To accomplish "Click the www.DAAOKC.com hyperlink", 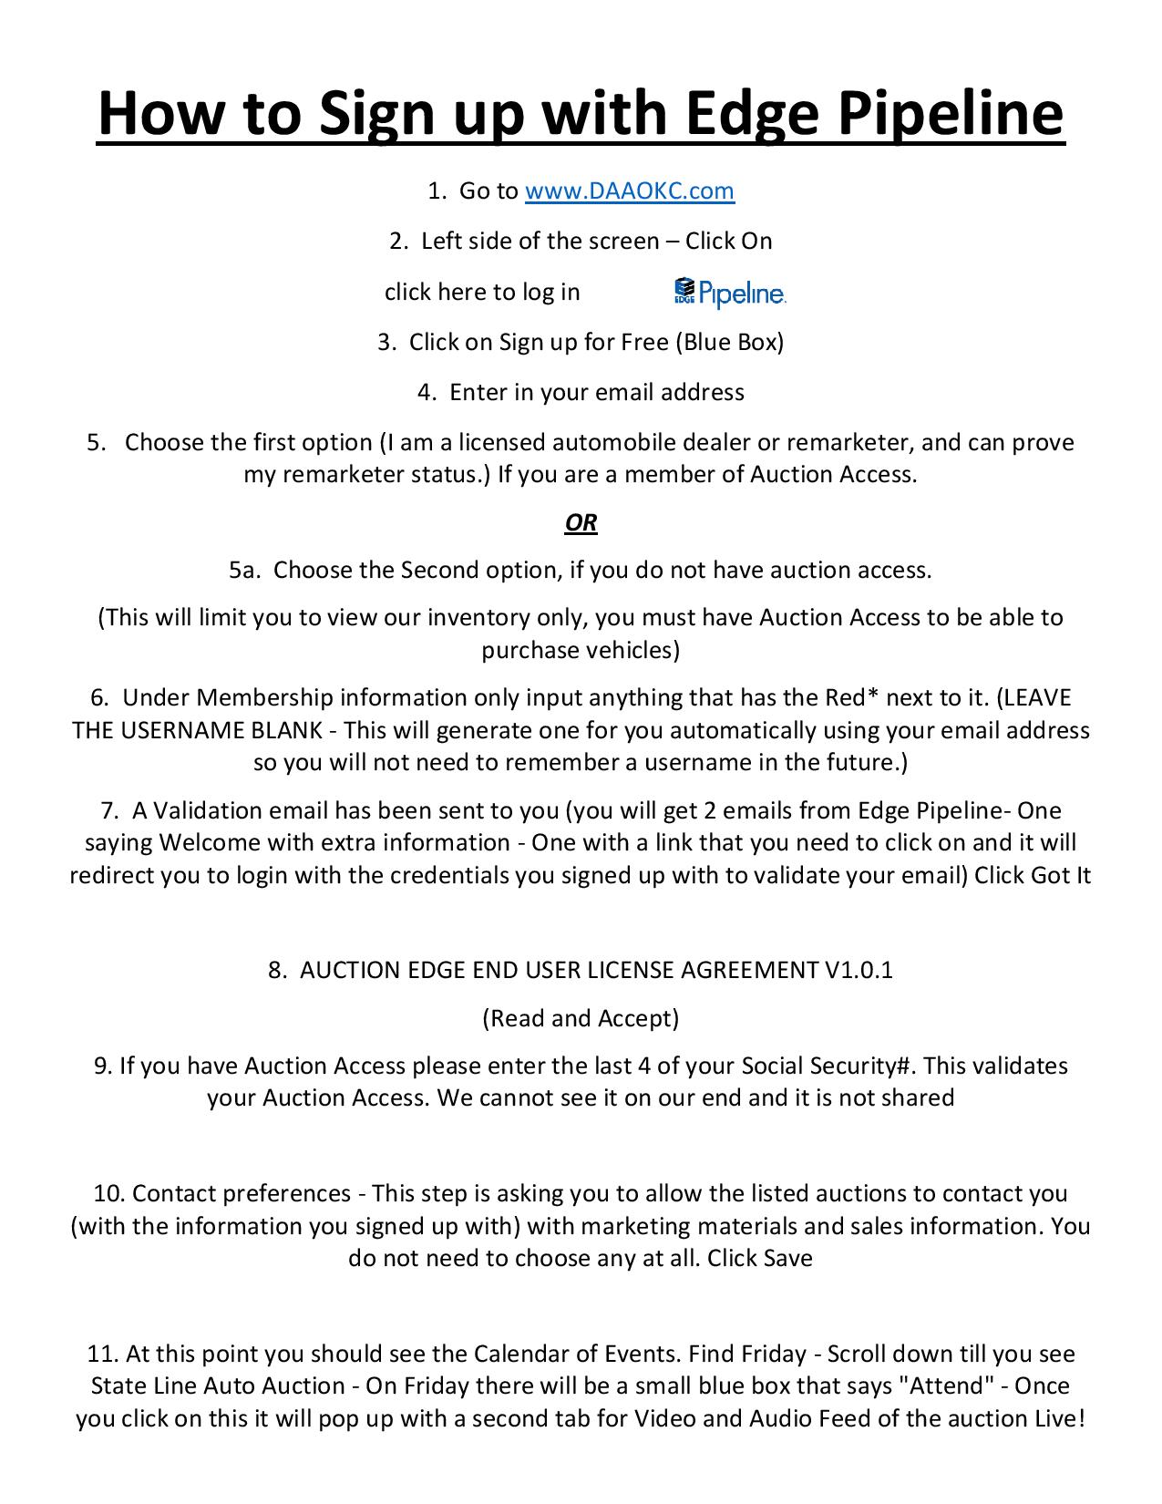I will tap(630, 191).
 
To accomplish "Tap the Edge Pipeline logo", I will tap(730, 292).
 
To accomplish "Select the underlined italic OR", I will tap(581, 522).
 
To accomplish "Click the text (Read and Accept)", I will tap(581, 1018).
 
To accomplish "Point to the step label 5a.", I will tap(245, 571).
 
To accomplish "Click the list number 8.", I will tap(276, 970).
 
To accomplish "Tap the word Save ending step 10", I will tap(787, 1259).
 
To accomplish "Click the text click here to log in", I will tap(482, 292).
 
